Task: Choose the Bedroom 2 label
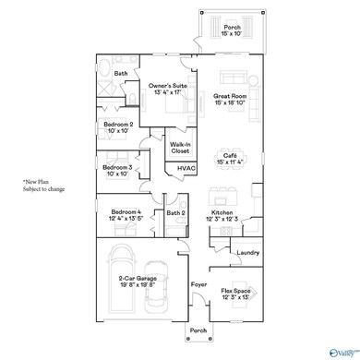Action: [118, 126]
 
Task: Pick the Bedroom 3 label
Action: [118, 170]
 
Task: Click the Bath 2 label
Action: [176, 214]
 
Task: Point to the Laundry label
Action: [247, 252]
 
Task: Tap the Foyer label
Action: [198, 285]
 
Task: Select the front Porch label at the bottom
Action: [198, 330]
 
